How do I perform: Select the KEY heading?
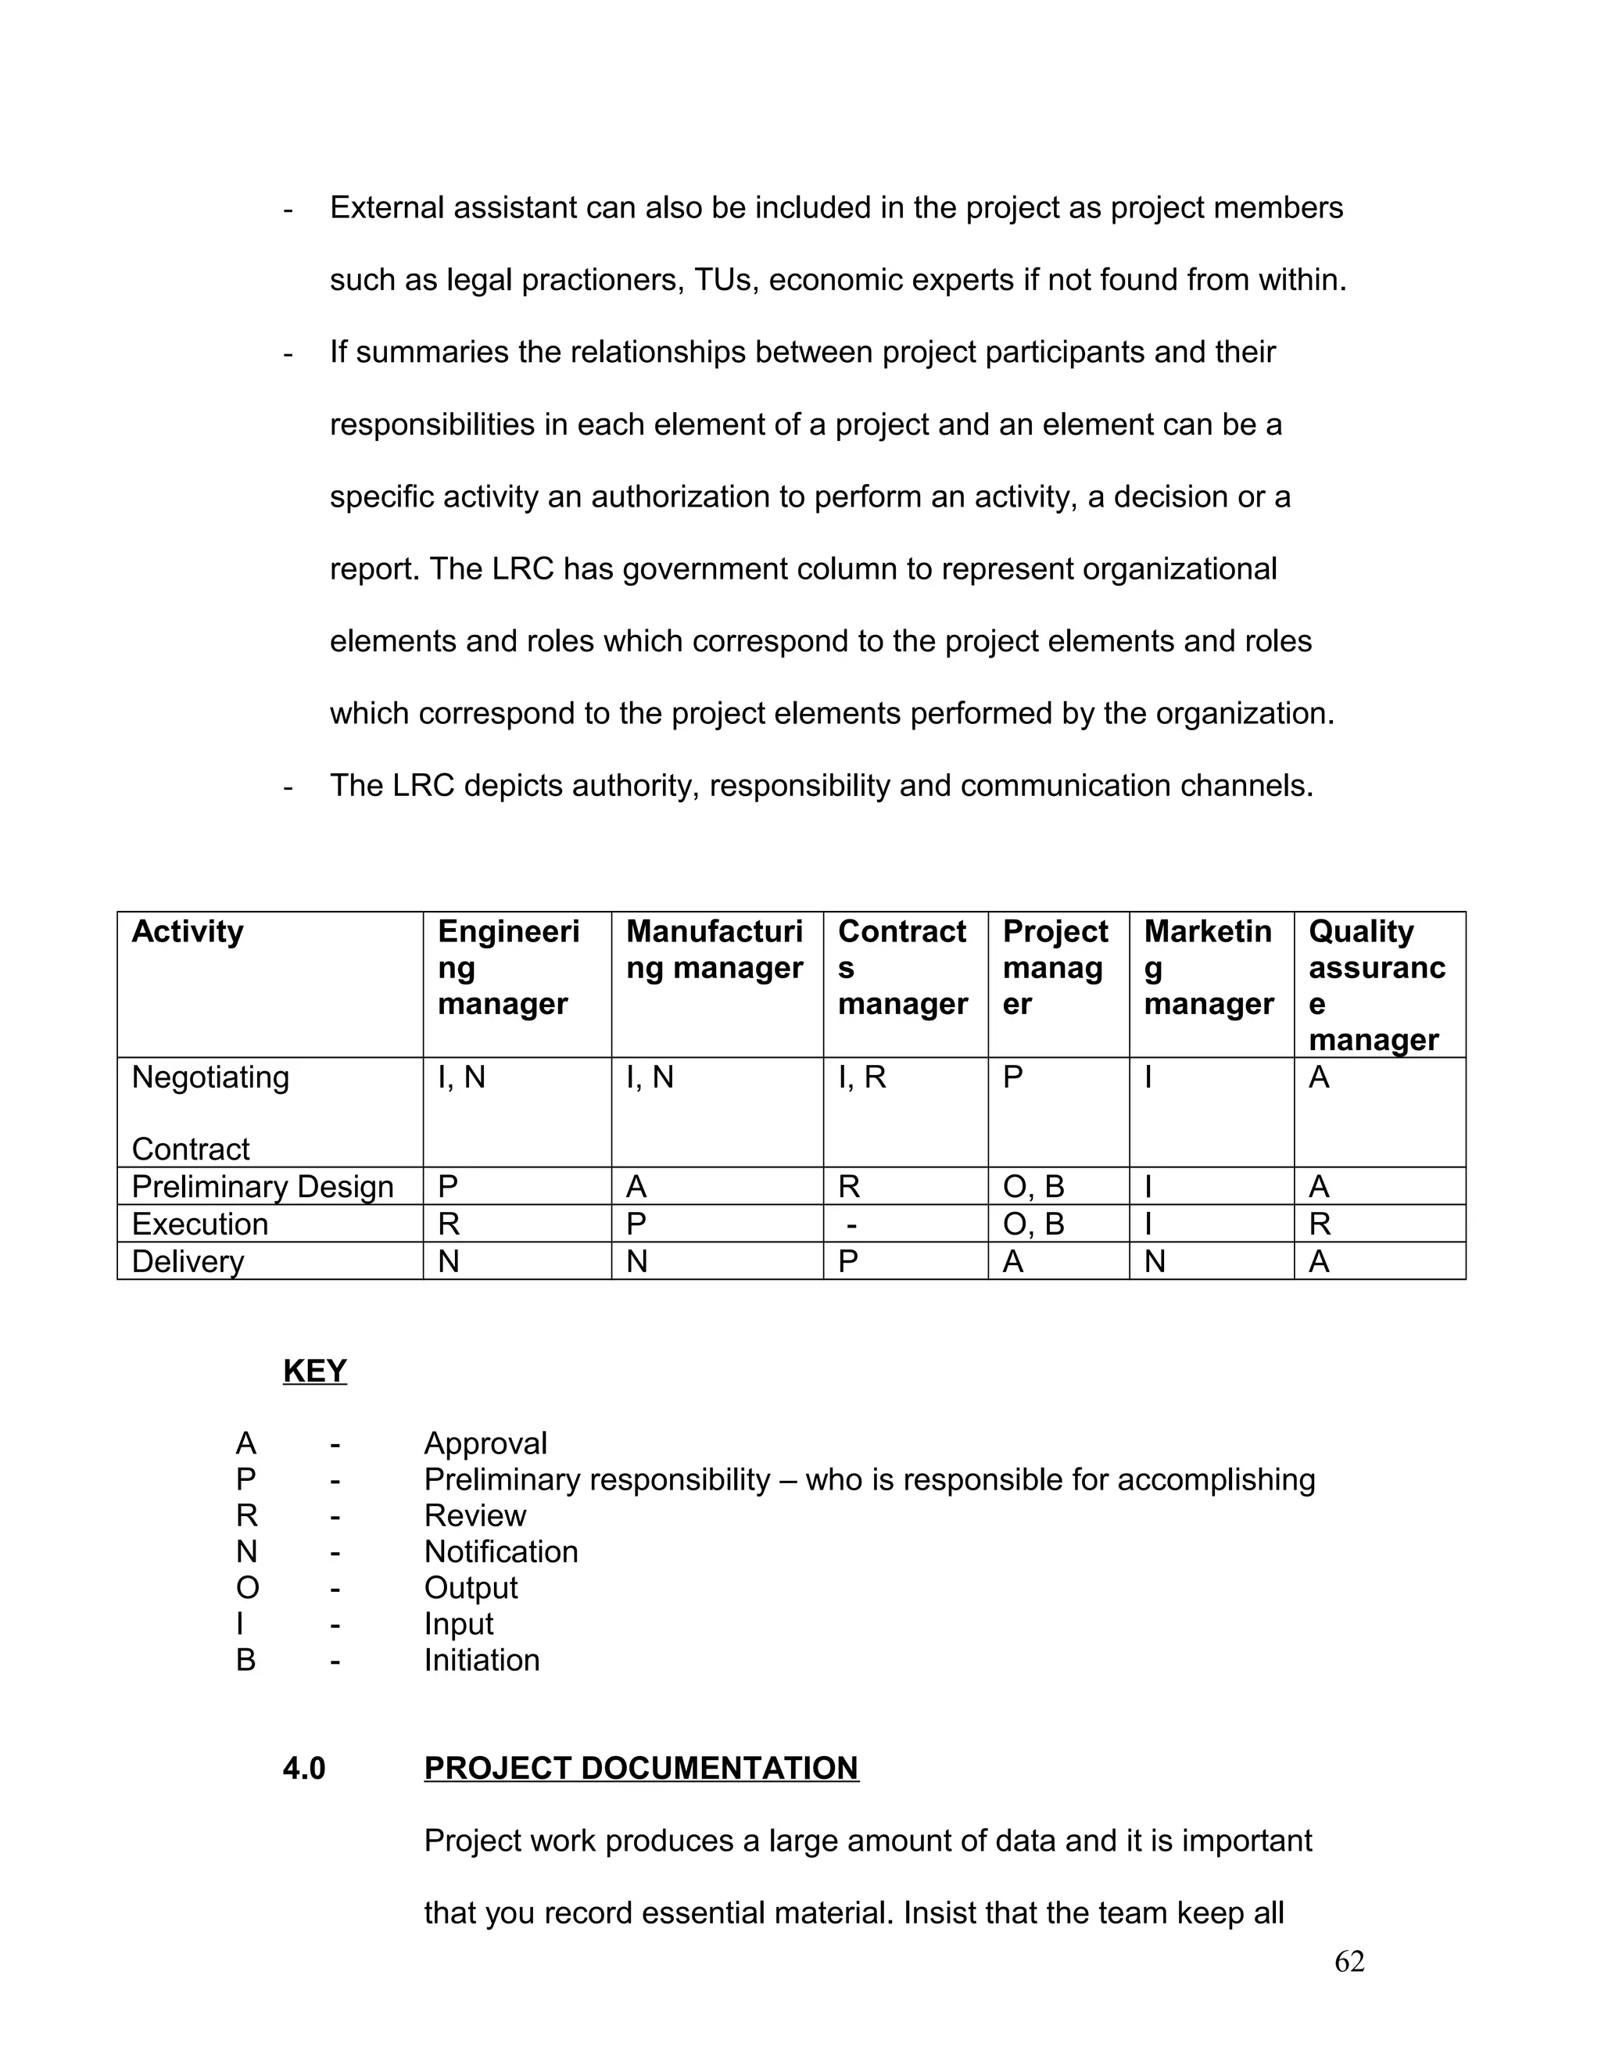(315, 1371)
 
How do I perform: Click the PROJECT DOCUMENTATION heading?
(641, 1769)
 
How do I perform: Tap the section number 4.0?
(303, 1769)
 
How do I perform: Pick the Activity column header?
(188, 932)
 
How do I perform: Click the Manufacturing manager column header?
(715, 950)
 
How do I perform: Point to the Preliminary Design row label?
(263, 1187)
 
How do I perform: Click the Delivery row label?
(188, 1262)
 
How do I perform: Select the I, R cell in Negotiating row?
(862, 1077)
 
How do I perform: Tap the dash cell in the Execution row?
(852, 1224)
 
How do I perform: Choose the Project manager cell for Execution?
(1033, 1224)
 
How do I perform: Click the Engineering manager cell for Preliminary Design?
(448, 1187)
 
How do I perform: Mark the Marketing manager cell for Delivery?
(1155, 1262)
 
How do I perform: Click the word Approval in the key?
(485, 1444)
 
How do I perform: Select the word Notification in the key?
(501, 1552)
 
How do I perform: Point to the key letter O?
(246, 1588)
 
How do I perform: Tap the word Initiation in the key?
(482, 1660)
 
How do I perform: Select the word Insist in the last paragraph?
(939, 1912)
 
